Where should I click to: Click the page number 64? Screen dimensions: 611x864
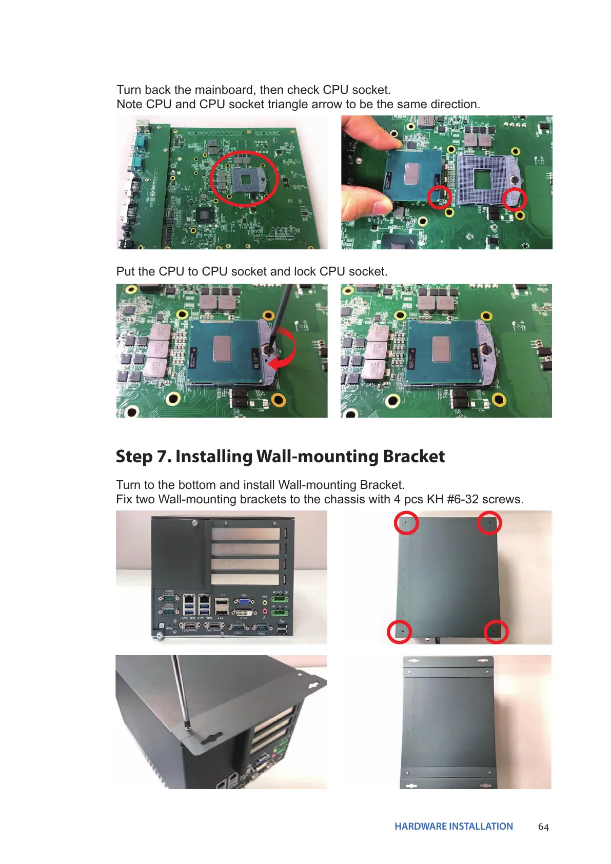pyautogui.click(x=543, y=827)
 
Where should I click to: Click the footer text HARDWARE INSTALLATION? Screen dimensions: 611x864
pyautogui.click(x=454, y=826)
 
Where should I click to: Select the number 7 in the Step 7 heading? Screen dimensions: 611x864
pyautogui.click(x=164, y=456)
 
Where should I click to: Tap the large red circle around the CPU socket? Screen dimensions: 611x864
pyautogui.click(x=244, y=178)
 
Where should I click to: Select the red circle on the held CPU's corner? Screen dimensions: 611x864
pyautogui.click(x=439, y=197)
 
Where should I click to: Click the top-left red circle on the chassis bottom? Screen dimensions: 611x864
pyautogui.click(x=406, y=523)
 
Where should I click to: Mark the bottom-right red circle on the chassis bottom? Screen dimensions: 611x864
pyautogui.click(x=496, y=631)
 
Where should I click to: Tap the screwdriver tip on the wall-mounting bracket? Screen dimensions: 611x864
pyautogui.click(x=187, y=726)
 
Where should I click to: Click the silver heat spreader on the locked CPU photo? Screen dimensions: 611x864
pyautogui.click(x=440, y=349)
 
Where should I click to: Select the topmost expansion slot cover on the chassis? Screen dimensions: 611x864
pyautogui.click(x=245, y=534)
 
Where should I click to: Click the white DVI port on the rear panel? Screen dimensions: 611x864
pyautogui.click(x=244, y=613)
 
